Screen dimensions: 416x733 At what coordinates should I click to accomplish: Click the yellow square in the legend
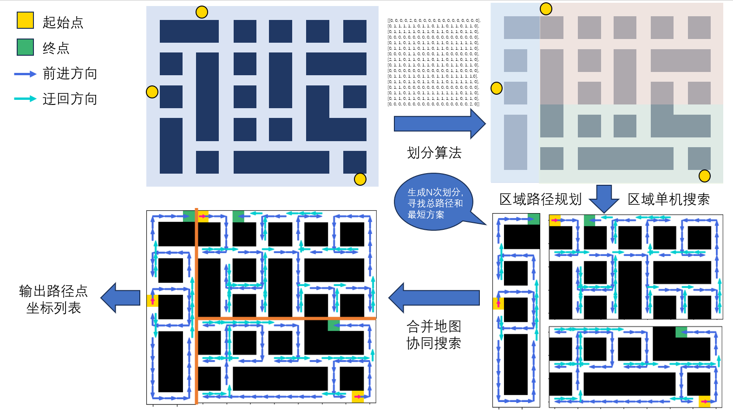(25, 20)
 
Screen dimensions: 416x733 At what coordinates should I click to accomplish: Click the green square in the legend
(25, 47)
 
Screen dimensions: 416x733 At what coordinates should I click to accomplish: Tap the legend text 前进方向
(70, 73)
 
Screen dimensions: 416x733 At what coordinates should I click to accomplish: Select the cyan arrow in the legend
(25, 98)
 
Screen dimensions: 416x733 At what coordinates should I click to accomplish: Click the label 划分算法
(434, 152)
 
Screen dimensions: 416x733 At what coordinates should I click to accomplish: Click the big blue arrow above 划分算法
(439, 124)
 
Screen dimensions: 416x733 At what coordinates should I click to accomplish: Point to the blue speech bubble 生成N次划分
(434, 202)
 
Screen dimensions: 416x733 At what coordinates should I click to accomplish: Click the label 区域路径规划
(540, 199)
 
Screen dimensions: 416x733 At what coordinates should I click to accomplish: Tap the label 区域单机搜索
(668, 199)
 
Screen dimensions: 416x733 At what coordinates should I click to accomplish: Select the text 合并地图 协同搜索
(434, 335)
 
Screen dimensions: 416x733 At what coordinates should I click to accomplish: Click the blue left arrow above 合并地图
(434, 298)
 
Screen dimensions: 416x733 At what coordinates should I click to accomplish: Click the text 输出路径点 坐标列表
(53, 299)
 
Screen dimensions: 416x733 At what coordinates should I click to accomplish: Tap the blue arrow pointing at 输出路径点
(120, 298)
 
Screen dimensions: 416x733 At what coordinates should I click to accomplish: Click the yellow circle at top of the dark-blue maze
(202, 12)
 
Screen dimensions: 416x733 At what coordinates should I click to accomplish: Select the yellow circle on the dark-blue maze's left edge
(152, 92)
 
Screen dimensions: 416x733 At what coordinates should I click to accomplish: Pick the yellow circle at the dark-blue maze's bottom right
(360, 179)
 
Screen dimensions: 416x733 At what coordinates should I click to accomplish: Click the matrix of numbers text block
(434, 62)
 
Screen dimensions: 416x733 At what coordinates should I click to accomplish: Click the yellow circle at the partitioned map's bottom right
(705, 176)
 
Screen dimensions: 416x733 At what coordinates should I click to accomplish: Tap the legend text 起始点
(63, 22)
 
